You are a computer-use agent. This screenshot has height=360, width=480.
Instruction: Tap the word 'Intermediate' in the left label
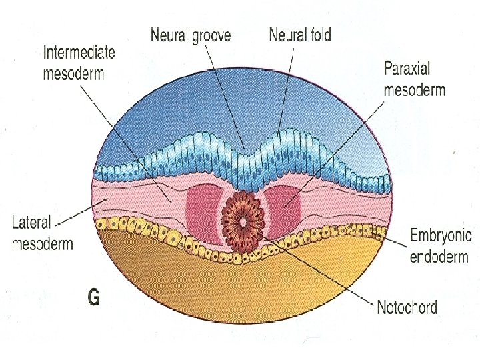[79, 53]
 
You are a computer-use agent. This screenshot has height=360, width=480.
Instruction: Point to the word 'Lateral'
[31, 222]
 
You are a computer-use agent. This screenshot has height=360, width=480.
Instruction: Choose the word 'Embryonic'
[441, 235]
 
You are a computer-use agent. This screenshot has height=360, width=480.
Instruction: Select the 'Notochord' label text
[407, 308]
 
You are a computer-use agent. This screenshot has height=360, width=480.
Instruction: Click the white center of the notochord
[243, 221]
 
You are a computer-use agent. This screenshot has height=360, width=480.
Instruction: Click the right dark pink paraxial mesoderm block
[284, 206]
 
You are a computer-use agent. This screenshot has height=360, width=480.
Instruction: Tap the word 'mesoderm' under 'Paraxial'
[414, 89]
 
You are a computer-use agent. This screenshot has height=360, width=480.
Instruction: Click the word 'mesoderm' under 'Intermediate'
[73, 73]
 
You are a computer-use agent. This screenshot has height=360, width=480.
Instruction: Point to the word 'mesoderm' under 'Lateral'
[43, 243]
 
